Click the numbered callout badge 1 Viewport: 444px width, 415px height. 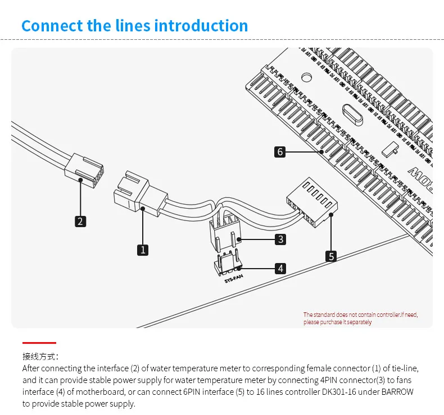click(143, 250)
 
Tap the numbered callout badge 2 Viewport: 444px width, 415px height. click(80, 221)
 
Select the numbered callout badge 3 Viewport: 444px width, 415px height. click(280, 239)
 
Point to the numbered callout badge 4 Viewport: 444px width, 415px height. click(280, 269)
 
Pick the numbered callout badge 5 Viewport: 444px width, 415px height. click(332, 256)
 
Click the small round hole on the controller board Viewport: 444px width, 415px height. click(307, 77)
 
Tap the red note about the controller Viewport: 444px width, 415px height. click(360, 319)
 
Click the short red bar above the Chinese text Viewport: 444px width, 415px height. click(39, 342)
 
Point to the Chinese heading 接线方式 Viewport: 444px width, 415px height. click(40, 356)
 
